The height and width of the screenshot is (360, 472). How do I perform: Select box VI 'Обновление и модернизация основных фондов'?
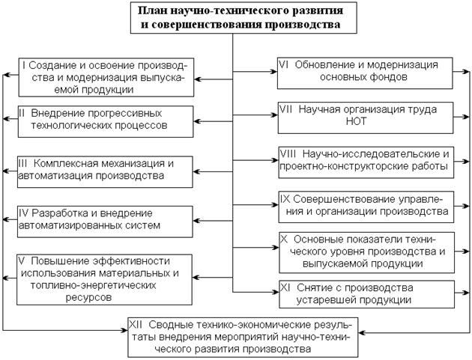(x=365, y=70)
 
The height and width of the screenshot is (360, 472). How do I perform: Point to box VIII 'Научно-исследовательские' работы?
(x=366, y=159)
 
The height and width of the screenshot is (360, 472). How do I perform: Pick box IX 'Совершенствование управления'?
(x=366, y=206)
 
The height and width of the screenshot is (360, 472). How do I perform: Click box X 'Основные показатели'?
(x=366, y=251)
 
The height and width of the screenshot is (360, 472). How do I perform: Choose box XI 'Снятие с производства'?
(x=366, y=293)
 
